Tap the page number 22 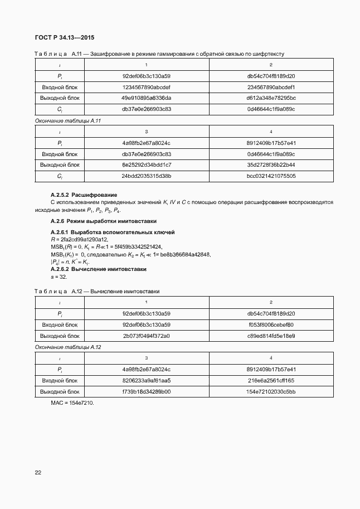[x=38, y=473]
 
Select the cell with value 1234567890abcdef [x=147, y=87]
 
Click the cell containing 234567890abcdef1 [x=271, y=87]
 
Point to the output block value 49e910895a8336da [x=147, y=98]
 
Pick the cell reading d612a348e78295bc [x=271, y=98]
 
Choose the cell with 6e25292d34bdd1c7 [x=147, y=165]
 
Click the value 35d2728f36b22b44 [x=271, y=165]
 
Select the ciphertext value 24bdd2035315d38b [x=147, y=176]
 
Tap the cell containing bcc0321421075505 [x=271, y=176]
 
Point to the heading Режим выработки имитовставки [x=109, y=221]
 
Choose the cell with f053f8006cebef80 [x=271, y=324]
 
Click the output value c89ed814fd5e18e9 [x=271, y=336]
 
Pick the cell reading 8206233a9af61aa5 [x=147, y=380]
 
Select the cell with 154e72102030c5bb [x=271, y=391]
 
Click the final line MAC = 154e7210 [x=72, y=403]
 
